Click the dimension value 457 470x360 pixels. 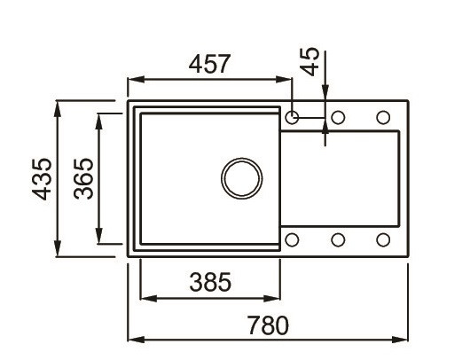pyautogui.click(x=210, y=64)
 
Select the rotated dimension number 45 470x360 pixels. pyautogui.click(x=310, y=63)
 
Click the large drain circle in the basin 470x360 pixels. pyautogui.click(x=241, y=178)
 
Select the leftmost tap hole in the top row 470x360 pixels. pyautogui.click(x=294, y=117)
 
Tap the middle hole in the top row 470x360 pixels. pyautogui.click(x=338, y=117)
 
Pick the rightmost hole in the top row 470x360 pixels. pyautogui.click(x=383, y=117)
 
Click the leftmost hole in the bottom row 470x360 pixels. pyautogui.click(x=294, y=239)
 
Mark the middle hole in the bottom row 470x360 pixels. pyautogui.click(x=338, y=239)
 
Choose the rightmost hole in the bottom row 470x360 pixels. pyautogui.click(x=383, y=239)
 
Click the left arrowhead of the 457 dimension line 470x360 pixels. pyautogui.click(x=133, y=81)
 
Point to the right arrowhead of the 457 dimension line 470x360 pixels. pyautogui.click(x=288, y=81)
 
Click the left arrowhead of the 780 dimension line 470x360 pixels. pyautogui.click(x=133, y=340)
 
